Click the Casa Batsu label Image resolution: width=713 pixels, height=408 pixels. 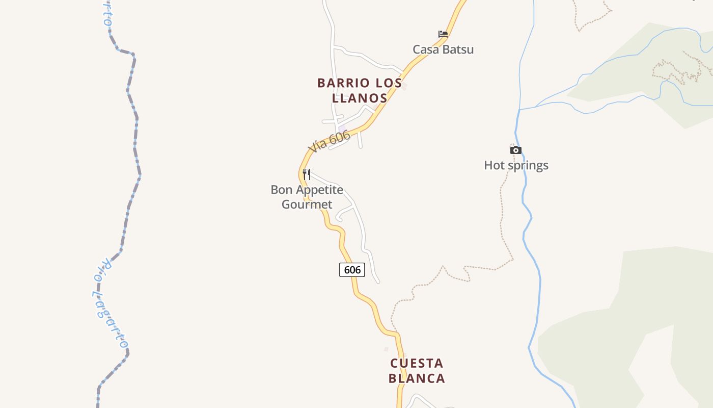pyautogui.click(x=443, y=49)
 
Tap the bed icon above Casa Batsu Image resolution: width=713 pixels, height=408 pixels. pyautogui.click(x=443, y=34)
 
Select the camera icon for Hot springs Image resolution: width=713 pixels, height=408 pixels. pyautogui.click(x=516, y=150)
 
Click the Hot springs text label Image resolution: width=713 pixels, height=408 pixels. pyautogui.click(x=516, y=165)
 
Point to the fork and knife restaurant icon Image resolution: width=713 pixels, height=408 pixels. pyautogui.click(x=307, y=174)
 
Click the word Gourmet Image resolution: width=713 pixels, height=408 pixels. pyautogui.click(x=307, y=205)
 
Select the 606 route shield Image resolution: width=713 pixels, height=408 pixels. pyautogui.click(x=352, y=270)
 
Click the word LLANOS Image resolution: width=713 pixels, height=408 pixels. pyautogui.click(x=360, y=97)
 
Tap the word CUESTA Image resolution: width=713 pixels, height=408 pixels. pyautogui.click(x=417, y=364)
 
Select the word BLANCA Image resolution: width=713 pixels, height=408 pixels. pyautogui.click(x=417, y=378)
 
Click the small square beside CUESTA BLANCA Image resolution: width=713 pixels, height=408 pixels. pyautogui.click(x=386, y=349)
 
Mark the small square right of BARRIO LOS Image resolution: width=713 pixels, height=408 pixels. pyautogui.click(x=404, y=87)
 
